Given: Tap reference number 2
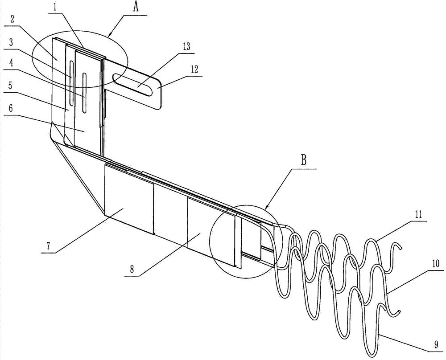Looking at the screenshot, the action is (x=12, y=19).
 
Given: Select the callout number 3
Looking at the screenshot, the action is (x=11, y=43).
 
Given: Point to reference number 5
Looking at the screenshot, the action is (x=11, y=86).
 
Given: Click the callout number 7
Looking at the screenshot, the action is (x=48, y=246).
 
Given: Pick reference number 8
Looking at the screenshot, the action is (x=132, y=269).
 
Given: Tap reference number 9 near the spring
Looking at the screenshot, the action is (x=436, y=345).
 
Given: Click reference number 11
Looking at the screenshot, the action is (x=418, y=214).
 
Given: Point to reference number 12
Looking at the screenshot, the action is (x=194, y=70).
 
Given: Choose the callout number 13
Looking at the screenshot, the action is (x=186, y=47).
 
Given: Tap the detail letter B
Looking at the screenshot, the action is (x=304, y=160).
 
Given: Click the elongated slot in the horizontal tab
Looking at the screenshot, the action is (x=132, y=84).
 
